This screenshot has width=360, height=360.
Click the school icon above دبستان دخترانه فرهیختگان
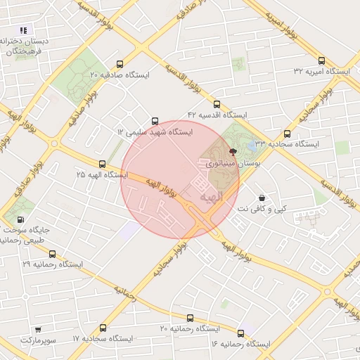pos(23,30)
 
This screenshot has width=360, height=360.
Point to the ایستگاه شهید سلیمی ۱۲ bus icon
pos(155,120)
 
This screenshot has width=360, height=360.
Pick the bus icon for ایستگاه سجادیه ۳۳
pos(287,134)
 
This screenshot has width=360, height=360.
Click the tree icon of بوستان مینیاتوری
pos(233,151)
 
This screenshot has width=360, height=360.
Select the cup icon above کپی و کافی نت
pos(262,198)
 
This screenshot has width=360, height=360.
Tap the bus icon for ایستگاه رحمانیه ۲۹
pos(52,254)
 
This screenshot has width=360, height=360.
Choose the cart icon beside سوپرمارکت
pos(37,329)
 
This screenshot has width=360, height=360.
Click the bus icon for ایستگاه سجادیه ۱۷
pos(103,328)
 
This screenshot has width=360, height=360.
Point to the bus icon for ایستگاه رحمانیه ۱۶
pos(241,333)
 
